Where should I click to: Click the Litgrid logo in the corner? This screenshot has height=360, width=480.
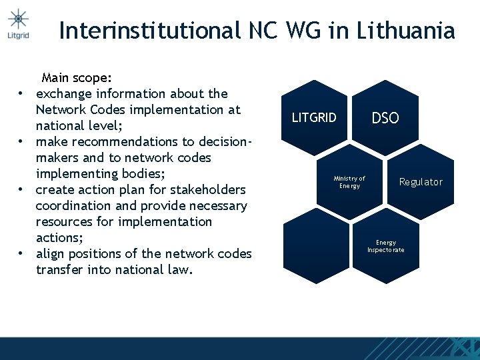pos(19,23)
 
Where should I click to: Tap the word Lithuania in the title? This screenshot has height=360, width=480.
pos(406,31)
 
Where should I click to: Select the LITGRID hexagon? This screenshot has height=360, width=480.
pos(315,118)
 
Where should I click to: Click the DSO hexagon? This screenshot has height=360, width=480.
pos(385,118)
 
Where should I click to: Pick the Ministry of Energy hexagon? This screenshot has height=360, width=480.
pos(349,182)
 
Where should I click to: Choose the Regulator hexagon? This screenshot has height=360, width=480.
pos(420,182)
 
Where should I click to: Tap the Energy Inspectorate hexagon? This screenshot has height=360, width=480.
pos(385,246)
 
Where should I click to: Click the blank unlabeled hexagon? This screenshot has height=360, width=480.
pos(315,246)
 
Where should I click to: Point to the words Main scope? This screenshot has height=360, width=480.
pos(77,78)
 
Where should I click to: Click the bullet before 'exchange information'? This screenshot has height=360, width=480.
pos(22,94)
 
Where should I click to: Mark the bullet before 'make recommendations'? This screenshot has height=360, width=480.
pos(22,142)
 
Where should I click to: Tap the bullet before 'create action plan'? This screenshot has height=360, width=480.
pos(22,190)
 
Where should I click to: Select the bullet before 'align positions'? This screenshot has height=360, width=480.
pos(22,254)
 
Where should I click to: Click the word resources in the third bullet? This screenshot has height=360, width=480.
pos(65,222)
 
